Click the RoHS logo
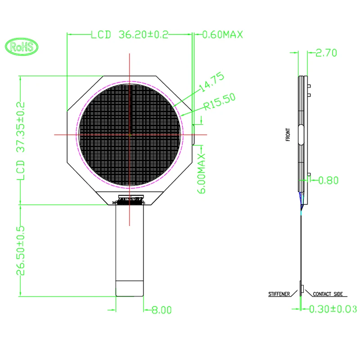[x=22, y=47]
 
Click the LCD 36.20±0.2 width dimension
[x=129, y=35]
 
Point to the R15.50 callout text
[x=219, y=101]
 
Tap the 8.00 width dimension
[x=161, y=310]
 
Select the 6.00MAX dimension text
[x=201, y=173]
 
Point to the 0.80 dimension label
[x=328, y=181]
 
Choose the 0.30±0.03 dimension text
[x=332, y=309]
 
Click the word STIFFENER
[x=279, y=294]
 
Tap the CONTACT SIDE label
[x=327, y=294]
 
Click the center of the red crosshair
[x=130, y=134]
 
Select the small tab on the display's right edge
[x=193, y=134]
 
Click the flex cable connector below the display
[x=130, y=199]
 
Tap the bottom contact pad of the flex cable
[x=130, y=289]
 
